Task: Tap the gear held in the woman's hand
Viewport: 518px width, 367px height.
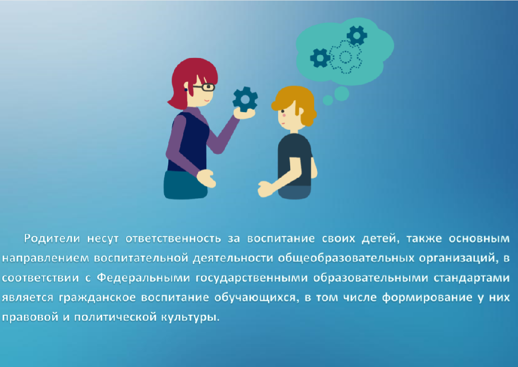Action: click(x=245, y=99)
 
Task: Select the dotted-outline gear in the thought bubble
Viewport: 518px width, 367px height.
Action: click(x=345, y=57)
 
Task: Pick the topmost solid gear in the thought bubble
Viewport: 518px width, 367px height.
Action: click(x=357, y=35)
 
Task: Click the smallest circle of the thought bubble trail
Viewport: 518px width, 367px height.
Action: click(x=328, y=100)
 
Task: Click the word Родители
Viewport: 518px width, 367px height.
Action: click(x=52, y=238)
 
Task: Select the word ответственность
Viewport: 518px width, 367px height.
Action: click(x=173, y=239)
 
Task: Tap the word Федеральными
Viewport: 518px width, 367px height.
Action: click(x=143, y=277)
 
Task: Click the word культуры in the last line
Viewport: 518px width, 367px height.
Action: click(x=190, y=318)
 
